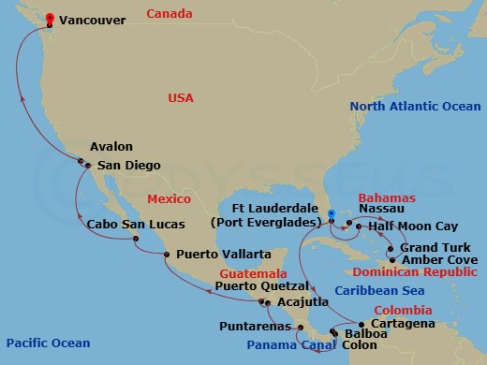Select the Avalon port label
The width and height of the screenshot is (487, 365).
coord(111,147)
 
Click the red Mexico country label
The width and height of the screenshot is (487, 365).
coord(170,199)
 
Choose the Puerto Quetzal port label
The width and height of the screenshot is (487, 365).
coord(262,285)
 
